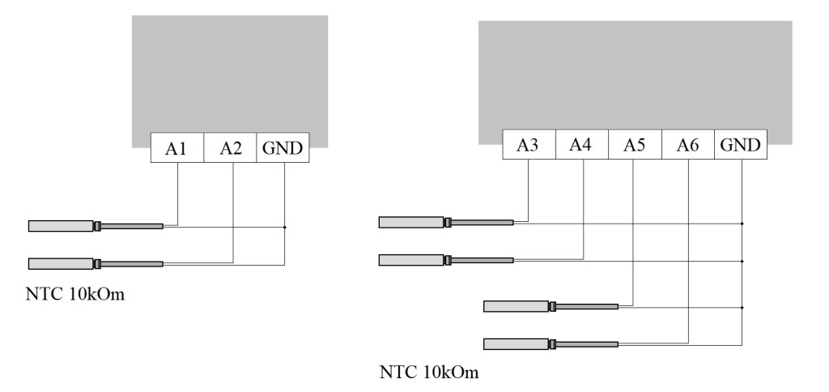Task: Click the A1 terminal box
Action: (x=177, y=147)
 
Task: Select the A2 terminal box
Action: (x=230, y=147)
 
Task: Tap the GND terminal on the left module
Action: (x=283, y=147)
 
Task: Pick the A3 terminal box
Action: (x=529, y=144)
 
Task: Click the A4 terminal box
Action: (x=582, y=144)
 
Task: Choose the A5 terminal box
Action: (x=635, y=144)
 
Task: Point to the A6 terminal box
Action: (x=688, y=144)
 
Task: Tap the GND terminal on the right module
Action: (x=741, y=144)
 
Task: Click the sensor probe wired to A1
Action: (x=96, y=226)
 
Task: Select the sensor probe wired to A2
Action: (x=96, y=263)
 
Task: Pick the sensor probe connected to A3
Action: (x=446, y=222)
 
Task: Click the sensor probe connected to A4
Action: (x=446, y=260)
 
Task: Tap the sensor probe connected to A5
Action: (x=551, y=306)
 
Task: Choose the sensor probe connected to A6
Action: (x=551, y=344)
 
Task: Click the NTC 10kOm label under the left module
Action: (x=75, y=294)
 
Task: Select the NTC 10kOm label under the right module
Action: (x=429, y=373)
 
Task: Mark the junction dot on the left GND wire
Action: (x=284, y=227)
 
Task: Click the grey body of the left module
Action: (x=230, y=74)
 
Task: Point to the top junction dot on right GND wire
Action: (x=742, y=224)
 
